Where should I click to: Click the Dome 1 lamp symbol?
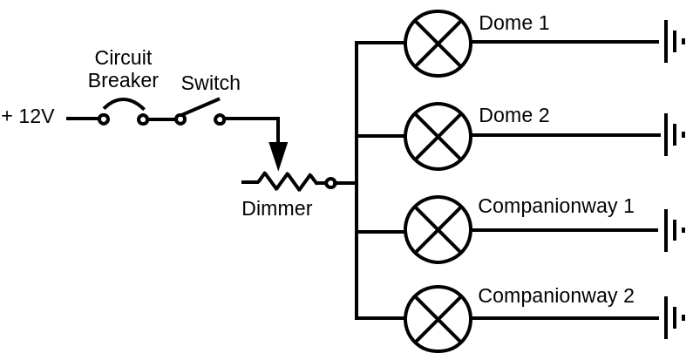click(438, 43)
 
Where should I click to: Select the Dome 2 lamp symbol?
click(438, 136)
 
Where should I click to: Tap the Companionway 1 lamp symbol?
click(438, 230)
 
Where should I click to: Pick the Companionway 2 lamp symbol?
click(438, 319)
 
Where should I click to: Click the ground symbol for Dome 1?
click(673, 42)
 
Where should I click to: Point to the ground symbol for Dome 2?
click(673, 135)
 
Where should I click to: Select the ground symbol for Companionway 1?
click(673, 230)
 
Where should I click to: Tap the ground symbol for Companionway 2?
click(673, 318)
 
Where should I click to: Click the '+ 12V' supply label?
click(28, 116)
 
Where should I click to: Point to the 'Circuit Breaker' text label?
click(123, 69)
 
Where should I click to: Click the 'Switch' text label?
click(210, 83)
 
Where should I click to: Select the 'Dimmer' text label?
click(276, 208)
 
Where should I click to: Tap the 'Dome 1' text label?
click(513, 23)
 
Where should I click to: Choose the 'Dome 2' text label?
click(513, 115)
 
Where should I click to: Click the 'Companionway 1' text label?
click(555, 207)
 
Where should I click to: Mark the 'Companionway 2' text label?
click(555, 295)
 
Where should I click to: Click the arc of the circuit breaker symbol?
click(123, 104)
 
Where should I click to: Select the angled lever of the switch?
click(200, 109)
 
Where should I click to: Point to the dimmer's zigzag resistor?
click(287, 181)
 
